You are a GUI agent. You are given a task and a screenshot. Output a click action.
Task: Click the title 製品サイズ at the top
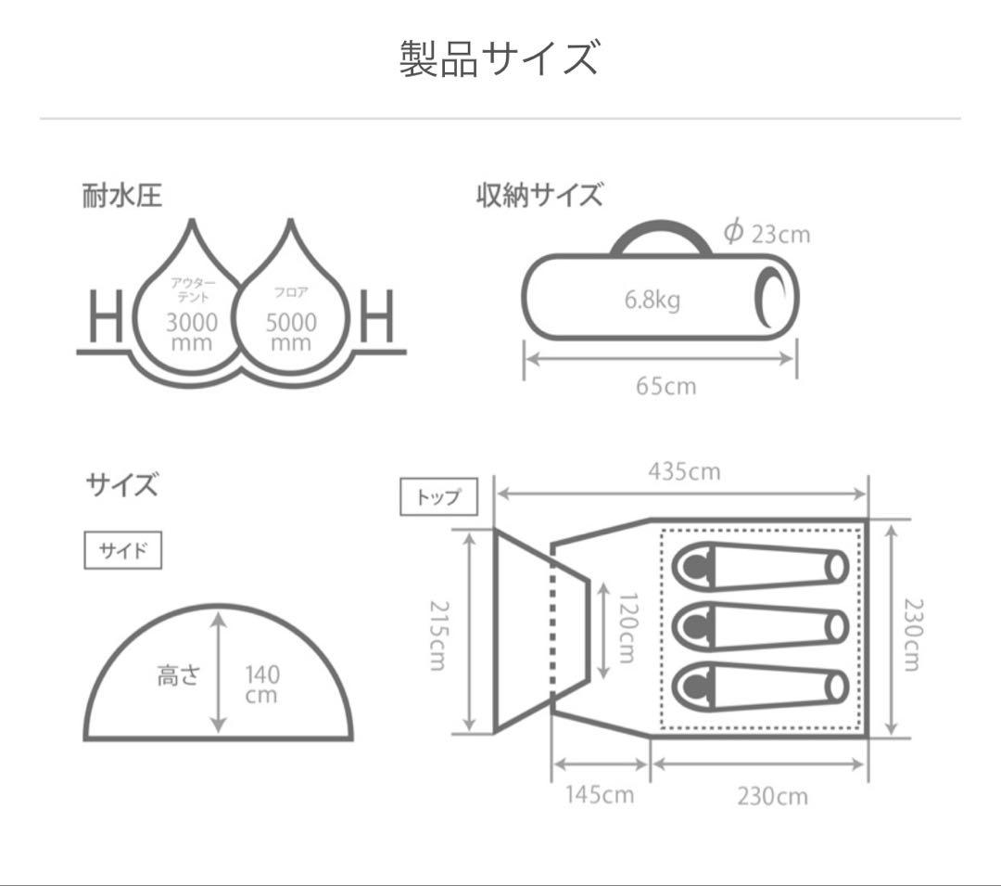coord(500,58)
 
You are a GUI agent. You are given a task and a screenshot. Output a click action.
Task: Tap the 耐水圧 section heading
coord(122,197)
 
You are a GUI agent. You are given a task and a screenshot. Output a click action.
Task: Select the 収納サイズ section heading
coord(539,197)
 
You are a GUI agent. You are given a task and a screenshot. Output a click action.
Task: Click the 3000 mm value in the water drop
coord(192,331)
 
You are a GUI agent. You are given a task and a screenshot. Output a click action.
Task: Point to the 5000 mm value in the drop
coord(291,331)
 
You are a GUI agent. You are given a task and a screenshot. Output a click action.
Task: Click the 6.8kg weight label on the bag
coord(651,301)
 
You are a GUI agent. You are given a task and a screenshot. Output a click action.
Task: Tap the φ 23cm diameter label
coord(767,232)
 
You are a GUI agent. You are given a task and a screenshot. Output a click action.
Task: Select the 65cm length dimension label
coord(665,386)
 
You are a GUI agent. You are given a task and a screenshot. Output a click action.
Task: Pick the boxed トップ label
coord(438,496)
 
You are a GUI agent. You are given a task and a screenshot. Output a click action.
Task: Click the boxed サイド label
coord(123,550)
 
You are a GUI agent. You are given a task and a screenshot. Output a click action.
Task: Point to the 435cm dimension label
coord(684,471)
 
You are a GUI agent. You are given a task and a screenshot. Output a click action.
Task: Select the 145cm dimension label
coord(600,795)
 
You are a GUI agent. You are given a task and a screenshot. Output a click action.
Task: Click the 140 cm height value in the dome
coord(261,685)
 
